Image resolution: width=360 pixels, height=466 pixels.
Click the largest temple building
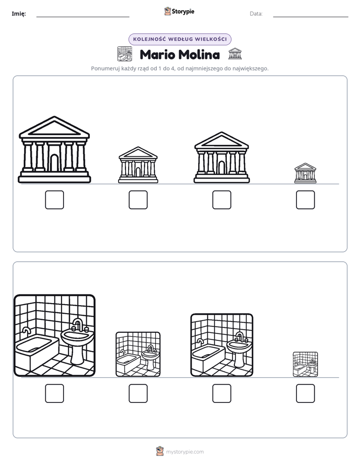[54, 149]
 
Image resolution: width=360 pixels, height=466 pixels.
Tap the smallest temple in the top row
[306, 172]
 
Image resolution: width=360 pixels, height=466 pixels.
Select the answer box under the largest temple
[54, 200]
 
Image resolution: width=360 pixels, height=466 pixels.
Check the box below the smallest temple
[306, 200]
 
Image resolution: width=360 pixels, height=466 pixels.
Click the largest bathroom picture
[54, 335]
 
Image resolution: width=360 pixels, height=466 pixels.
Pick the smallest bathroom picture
[306, 364]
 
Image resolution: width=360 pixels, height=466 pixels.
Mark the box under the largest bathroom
[54, 393]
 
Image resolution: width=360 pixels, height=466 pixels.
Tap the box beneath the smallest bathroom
[306, 393]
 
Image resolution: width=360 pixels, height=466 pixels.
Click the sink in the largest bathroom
[77, 342]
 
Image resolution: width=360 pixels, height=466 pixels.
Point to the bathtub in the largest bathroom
[37, 351]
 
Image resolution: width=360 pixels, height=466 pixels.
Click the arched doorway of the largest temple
[54, 163]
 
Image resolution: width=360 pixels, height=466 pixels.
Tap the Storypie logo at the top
[179, 12]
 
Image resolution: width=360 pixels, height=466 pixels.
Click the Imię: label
[19, 14]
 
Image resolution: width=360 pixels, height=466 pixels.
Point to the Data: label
[256, 14]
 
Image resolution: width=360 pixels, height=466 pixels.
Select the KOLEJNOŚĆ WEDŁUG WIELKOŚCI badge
[179, 39]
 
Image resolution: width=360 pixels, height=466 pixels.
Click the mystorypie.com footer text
[185, 452]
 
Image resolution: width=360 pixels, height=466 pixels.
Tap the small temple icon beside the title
[235, 53]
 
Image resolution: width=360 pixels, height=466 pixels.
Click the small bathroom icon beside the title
[125, 54]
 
